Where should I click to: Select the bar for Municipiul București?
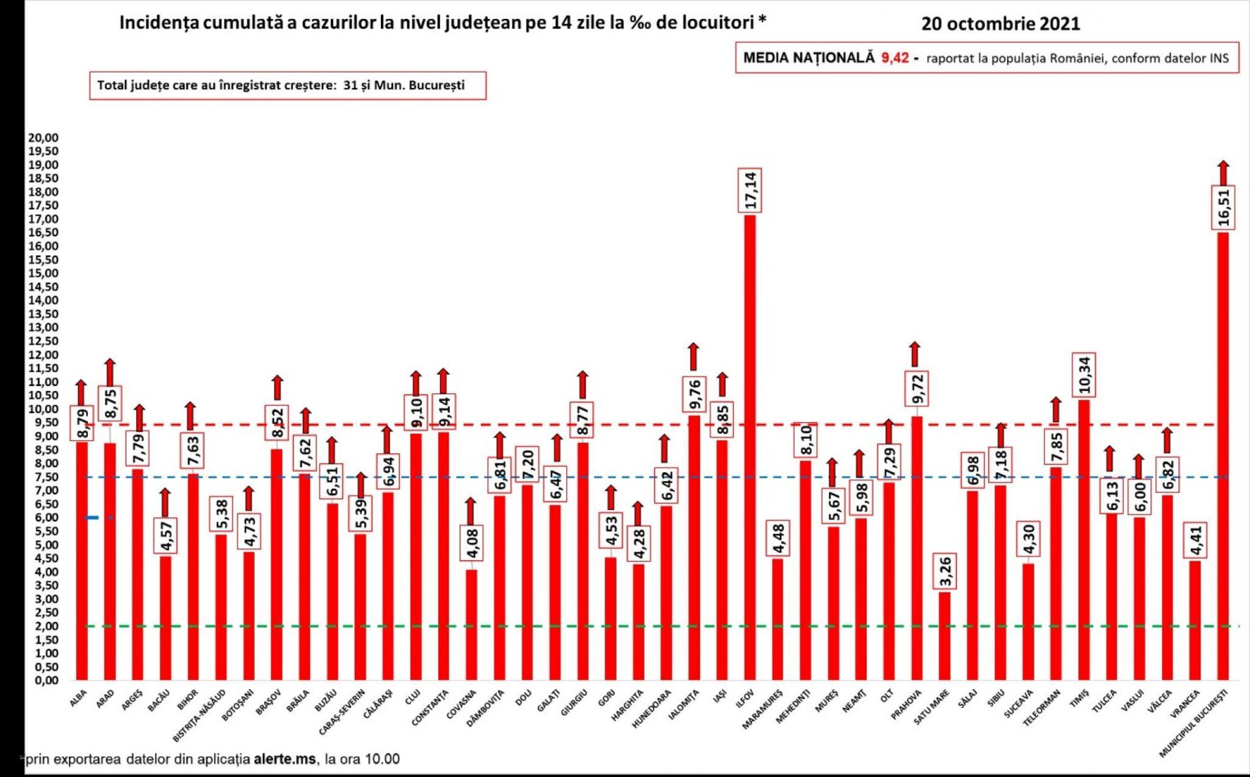[1223, 456]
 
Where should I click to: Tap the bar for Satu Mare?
[945, 636]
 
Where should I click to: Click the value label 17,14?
[750, 190]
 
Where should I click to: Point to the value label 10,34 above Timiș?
[1084, 375]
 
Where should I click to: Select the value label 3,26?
[945, 571]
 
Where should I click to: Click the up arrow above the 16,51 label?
[1224, 173]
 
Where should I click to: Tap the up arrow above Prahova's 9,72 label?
[915, 354]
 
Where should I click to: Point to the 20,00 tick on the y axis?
[43, 137]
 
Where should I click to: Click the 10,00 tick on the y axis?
[43, 409]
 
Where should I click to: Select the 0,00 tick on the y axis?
[43, 681]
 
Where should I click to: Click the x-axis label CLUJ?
[413, 698]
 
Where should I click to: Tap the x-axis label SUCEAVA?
[1019, 704]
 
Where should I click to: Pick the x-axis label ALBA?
[78, 699]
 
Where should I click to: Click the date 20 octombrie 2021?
[1000, 24]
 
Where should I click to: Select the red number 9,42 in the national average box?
[895, 58]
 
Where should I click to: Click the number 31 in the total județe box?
[350, 85]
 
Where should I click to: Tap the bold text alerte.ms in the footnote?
[285, 759]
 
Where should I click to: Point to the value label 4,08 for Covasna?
[471, 543]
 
